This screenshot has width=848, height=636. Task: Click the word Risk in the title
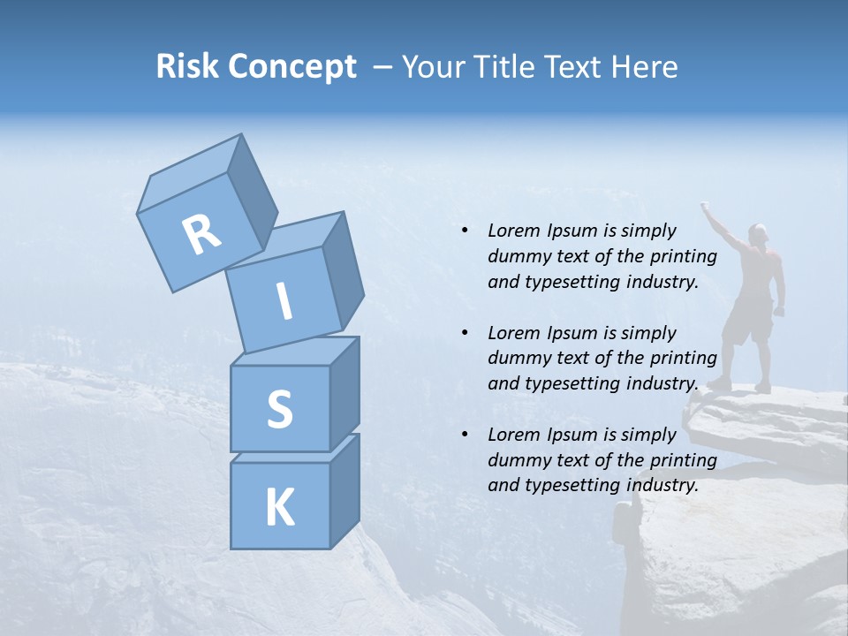click(187, 66)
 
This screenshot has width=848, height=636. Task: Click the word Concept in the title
click(291, 67)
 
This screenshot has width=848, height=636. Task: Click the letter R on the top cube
click(201, 234)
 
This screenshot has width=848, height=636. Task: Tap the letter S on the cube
click(279, 410)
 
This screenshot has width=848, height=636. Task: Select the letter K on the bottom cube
click(279, 508)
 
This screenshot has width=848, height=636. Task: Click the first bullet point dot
click(465, 231)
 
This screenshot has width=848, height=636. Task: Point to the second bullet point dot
click(465, 333)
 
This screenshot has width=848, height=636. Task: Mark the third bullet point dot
click(465, 435)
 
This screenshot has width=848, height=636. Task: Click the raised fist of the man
click(705, 207)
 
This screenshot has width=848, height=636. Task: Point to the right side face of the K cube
click(344, 492)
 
